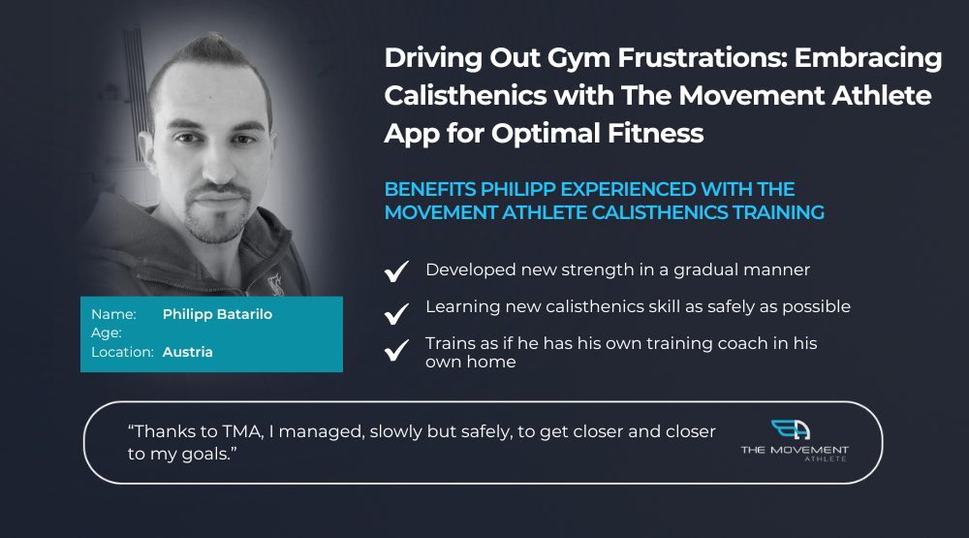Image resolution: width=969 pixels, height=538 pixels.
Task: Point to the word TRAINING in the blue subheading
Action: click(x=778, y=212)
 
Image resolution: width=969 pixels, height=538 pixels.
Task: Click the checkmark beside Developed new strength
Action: click(x=396, y=270)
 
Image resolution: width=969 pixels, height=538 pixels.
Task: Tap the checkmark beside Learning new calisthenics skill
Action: click(x=396, y=313)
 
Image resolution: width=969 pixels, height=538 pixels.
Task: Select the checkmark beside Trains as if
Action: click(x=396, y=350)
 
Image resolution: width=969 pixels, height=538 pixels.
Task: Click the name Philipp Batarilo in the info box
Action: click(x=217, y=314)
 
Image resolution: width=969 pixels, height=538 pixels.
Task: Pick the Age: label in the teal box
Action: click(x=107, y=333)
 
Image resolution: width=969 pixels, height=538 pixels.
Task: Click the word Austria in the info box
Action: click(x=187, y=352)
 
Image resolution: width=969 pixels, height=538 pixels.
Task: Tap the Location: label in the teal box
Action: click(x=122, y=352)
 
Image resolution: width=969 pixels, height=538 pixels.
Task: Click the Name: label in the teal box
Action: click(x=113, y=314)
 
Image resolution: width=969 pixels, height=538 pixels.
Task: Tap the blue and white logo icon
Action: click(x=791, y=429)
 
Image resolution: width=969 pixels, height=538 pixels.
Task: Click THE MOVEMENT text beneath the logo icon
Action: click(x=795, y=450)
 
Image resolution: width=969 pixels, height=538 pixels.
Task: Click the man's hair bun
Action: click(x=209, y=46)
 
